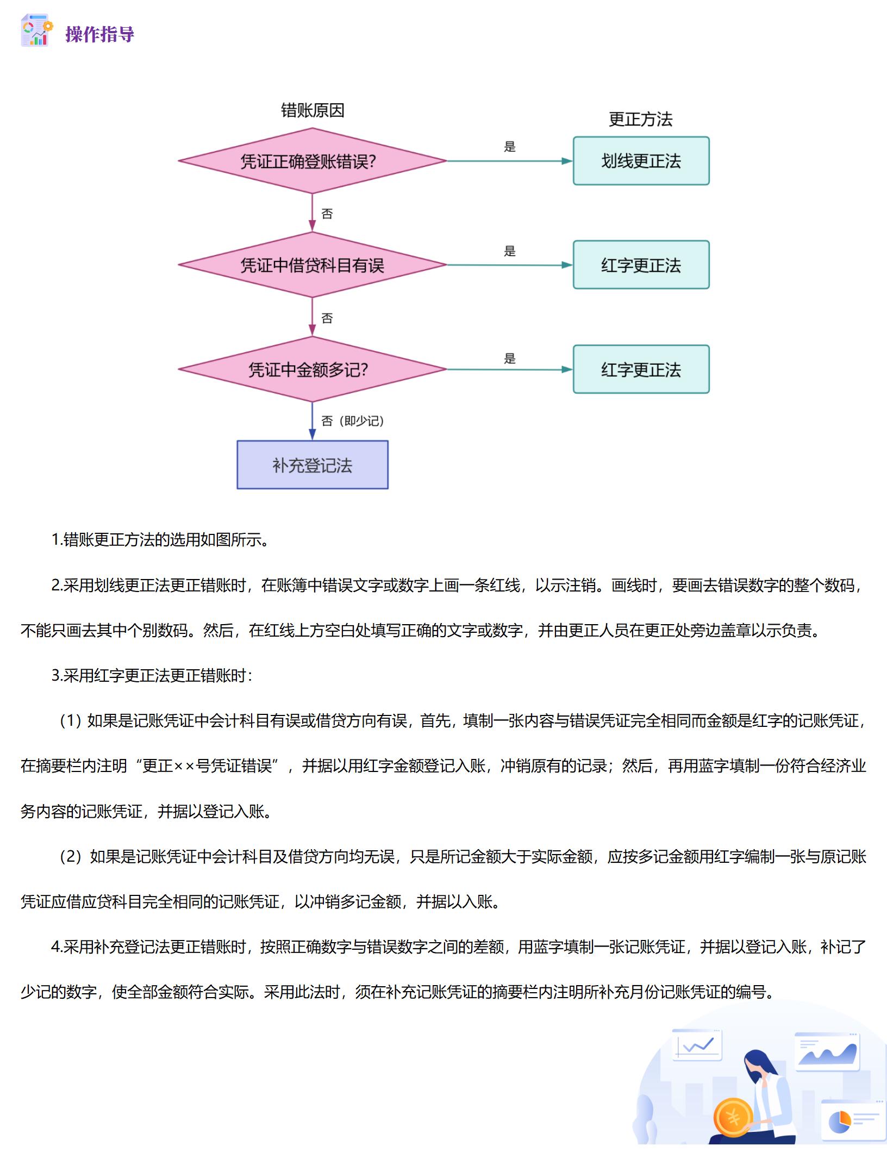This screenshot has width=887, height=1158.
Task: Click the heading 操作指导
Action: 99,34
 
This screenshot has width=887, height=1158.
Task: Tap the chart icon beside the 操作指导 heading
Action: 36,30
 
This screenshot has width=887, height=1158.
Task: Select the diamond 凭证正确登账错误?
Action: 312,161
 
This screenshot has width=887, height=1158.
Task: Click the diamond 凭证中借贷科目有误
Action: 312,265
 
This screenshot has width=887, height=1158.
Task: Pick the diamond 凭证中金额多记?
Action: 312,370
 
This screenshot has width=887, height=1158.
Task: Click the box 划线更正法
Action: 641,161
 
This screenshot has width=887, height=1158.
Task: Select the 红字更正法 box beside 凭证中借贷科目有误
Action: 641,265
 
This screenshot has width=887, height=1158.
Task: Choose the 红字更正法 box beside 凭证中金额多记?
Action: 641,369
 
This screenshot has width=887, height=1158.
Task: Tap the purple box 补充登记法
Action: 312,465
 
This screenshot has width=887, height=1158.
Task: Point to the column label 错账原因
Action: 312,110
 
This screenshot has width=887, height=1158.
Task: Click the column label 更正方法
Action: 640,119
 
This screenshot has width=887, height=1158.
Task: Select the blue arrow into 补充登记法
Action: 312,421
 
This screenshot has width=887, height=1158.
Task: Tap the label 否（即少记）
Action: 353,421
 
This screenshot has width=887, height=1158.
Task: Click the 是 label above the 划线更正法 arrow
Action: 509,147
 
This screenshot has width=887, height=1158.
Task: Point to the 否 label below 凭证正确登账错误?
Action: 327,214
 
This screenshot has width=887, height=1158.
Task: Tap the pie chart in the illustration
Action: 839,1122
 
